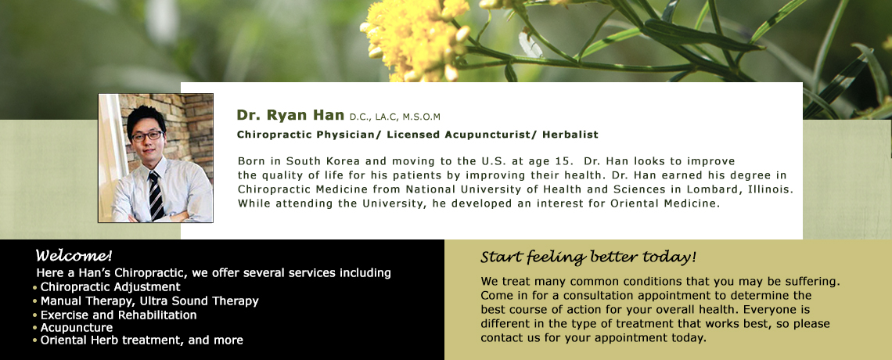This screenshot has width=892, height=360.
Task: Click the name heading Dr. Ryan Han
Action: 290,115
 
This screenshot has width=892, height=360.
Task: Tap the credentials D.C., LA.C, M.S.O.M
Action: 395,117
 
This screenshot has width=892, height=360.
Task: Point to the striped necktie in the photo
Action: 155,196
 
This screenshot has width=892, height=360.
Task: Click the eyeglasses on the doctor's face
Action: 147,136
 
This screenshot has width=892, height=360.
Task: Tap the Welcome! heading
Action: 74,255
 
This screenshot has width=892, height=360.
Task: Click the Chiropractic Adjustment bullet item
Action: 110,287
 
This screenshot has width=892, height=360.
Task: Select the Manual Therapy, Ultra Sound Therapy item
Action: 149,301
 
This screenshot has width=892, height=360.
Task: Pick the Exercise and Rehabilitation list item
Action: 118,315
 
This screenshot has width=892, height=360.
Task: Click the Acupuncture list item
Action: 76,328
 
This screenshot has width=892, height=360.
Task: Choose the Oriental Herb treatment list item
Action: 142,340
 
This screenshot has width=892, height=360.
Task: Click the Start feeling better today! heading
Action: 588,257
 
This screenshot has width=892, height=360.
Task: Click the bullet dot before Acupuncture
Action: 35,328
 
